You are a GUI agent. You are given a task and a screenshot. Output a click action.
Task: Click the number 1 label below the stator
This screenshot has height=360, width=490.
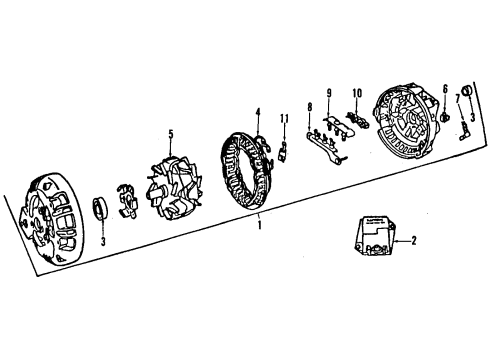(x=259, y=227)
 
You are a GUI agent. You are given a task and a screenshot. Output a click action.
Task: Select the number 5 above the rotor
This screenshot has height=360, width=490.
(x=171, y=132)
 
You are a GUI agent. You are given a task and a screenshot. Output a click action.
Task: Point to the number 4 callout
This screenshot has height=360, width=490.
(x=257, y=111)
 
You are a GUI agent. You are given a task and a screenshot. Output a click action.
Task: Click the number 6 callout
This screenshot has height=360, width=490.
(x=444, y=90)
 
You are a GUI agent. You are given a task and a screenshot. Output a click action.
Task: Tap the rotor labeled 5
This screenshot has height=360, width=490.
(x=170, y=186)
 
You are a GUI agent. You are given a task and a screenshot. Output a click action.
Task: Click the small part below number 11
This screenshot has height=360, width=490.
(x=284, y=150)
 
